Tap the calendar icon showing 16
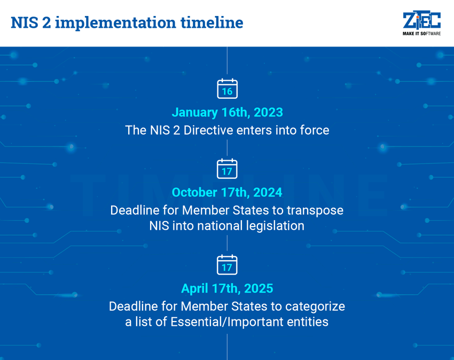coord(227,89)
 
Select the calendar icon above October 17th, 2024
coord(227,169)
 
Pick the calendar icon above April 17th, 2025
coord(227,265)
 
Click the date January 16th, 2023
coord(227,113)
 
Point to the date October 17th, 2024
coord(227,192)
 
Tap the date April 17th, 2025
coord(227,288)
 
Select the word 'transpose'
coord(315,210)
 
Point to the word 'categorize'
coord(315,306)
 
